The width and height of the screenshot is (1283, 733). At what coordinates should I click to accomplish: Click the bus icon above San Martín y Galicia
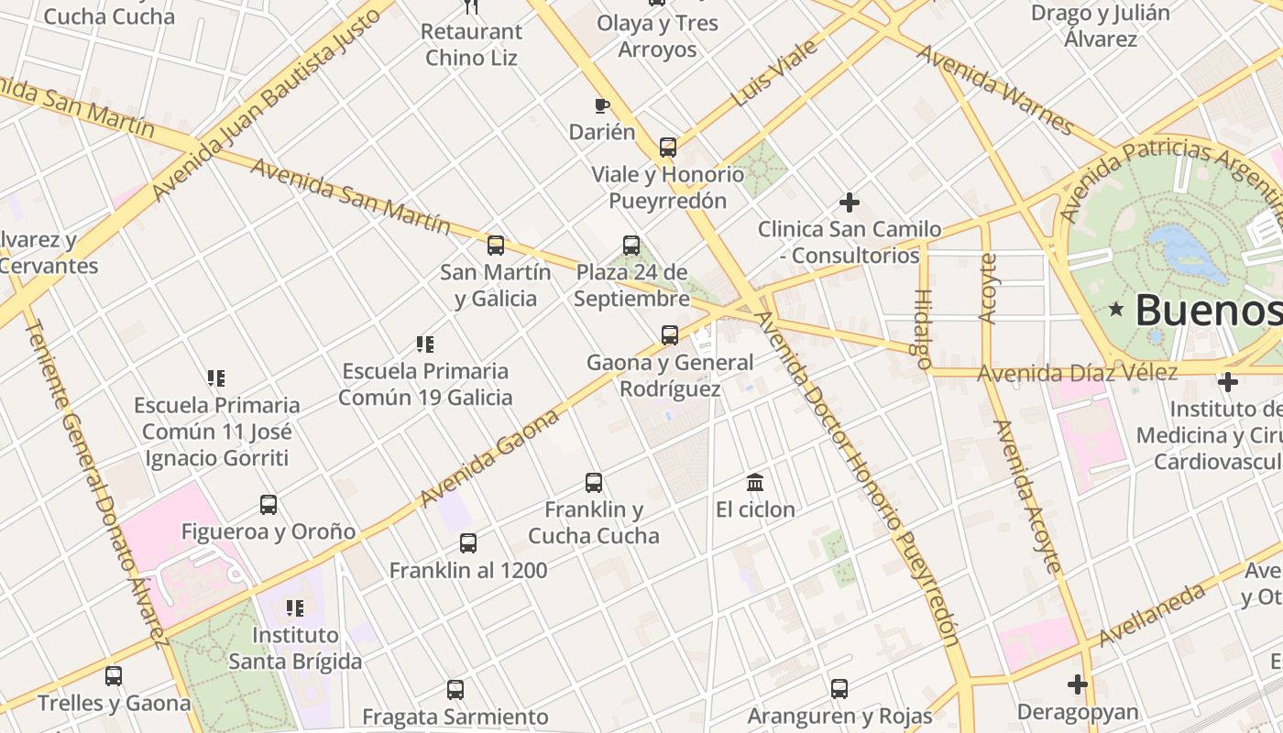pyautogui.click(x=496, y=246)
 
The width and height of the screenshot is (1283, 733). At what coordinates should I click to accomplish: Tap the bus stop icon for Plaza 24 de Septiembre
pyautogui.click(x=631, y=246)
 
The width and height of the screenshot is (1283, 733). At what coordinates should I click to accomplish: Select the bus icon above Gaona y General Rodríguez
pyautogui.click(x=670, y=335)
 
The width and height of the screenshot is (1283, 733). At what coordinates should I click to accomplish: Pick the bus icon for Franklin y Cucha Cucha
pyautogui.click(x=594, y=482)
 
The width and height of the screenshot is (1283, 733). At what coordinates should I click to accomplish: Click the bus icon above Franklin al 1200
pyautogui.click(x=468, y=543)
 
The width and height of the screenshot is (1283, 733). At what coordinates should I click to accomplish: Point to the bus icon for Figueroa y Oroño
pyautogui.click(x=269, y=504)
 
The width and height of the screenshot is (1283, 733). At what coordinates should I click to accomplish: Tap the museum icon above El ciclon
pyautogui.click(x=755, y=482)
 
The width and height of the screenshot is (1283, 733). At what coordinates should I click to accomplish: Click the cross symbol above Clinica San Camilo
pyautogui.click(x=850, y=202)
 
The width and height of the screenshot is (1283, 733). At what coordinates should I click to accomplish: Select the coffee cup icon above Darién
pyautogui.click(x=602, y=106)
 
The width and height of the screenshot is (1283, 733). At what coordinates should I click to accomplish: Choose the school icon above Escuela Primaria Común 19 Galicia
pyautogui.click(x=425, y=345)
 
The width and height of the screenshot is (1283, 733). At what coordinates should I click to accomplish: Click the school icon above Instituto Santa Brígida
pyautogui.click(x=295, y=607)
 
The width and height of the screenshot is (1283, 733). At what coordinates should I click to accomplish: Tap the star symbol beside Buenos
pyautogui.click(x=1116, y=310)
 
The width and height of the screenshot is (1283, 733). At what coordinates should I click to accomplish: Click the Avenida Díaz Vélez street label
pyautogui.click(x=1077, y=373)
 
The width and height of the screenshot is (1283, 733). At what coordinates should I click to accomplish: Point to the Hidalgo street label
pyautogui.click(x=922, y=329)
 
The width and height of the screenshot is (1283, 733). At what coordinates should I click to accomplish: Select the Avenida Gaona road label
pyautogui.click(x=490, y=458)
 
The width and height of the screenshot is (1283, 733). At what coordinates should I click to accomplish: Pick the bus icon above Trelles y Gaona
pyautogui.click(x=114, y=676)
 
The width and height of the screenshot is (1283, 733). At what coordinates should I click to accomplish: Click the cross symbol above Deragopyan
pyautogui.click(x=1078, y=684)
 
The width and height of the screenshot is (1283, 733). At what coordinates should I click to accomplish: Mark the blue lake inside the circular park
pyautogui.click(x=1188, y=252)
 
